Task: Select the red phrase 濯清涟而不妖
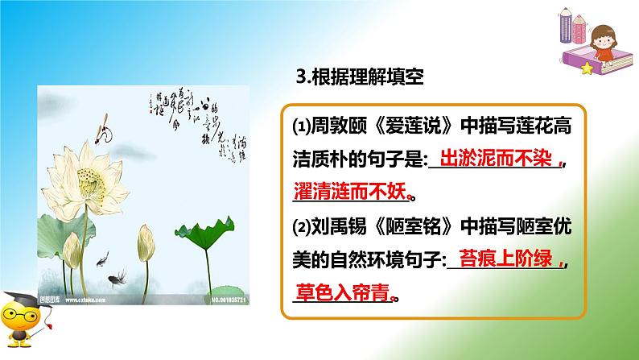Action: pos(349,192)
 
